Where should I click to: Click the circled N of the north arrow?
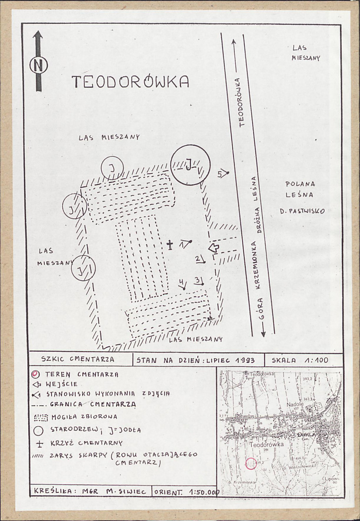[x=38, y=65]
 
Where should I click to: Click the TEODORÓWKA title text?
[x=130, y=82]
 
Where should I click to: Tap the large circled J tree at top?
[x=190, y=165]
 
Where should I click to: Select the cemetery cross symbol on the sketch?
[x=171, y=245]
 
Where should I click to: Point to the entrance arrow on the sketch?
[x=213, y=248]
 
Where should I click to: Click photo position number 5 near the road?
[x=222, y=173]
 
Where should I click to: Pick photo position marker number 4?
[x=182, y=285]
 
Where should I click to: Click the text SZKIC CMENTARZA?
[x=78, y=359]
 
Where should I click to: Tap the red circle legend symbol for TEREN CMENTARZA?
[x=37, y=374]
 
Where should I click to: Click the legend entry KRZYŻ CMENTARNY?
[x=87, y=443]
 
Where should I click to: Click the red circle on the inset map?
[x=251, y=463]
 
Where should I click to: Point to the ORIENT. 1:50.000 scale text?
[x=186, y=492]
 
